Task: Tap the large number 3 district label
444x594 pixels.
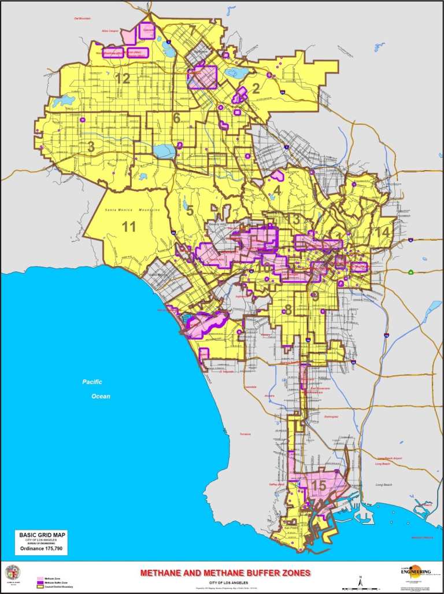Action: click(x=91, y=147)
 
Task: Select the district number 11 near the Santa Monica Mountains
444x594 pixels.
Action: click(x=128, y=226)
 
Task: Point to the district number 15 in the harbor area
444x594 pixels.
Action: click(x=319, y=486)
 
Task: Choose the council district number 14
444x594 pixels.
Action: click(x=382, y=232)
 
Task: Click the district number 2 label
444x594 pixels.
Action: click(x=255, y=88)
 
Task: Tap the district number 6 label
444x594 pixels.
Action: click(x=177, y=117)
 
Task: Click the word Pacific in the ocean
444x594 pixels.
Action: click(x=92, y=382)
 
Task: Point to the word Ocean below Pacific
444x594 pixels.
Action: click(x=99, y=396)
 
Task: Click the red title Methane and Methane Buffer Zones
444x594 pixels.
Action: click(x=225, y=573)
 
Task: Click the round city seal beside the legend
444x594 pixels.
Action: click(x=13, y=573)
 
